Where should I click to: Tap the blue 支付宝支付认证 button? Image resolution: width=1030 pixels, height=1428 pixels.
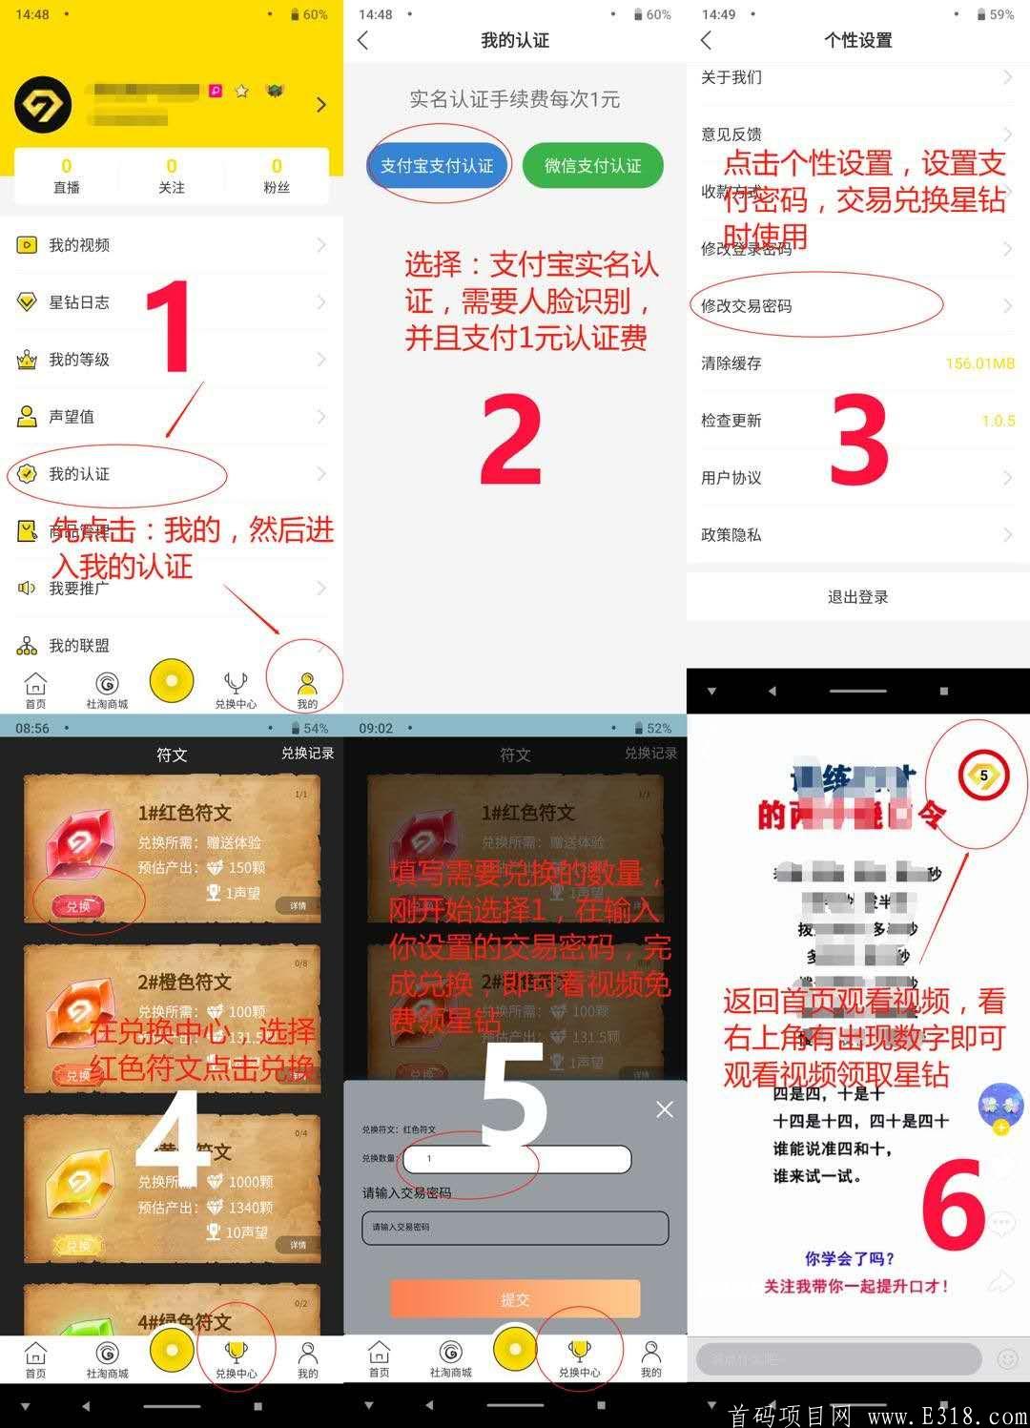(437, 166)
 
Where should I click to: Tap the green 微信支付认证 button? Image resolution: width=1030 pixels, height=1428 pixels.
(592, 166)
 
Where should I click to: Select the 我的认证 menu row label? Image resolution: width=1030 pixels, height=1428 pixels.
(79, 474)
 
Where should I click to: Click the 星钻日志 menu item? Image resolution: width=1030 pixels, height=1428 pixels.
(79, 302)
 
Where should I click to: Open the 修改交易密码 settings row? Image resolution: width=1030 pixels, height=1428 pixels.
(747, 306)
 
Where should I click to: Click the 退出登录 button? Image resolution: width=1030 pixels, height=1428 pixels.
(857, 597)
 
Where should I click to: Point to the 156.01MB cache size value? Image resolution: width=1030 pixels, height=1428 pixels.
(979, 363)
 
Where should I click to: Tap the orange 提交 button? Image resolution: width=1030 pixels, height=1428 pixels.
(515, 1299)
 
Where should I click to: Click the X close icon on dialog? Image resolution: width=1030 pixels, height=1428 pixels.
(665, 1109)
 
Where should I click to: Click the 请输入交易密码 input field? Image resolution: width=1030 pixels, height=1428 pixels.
(515, 1228)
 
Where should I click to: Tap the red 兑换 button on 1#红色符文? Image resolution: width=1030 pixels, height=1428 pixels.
(78, 906)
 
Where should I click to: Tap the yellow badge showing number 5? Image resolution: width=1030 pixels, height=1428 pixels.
(983, 776)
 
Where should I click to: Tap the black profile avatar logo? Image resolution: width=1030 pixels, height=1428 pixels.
(43, 104)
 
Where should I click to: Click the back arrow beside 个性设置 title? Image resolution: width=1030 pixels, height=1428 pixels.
(707, 40)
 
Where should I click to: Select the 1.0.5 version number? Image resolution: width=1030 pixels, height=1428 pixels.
(998, 421)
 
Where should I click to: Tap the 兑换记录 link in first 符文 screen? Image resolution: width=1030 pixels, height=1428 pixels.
(307, 754)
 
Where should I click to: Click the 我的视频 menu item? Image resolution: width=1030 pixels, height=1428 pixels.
(79, 245)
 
